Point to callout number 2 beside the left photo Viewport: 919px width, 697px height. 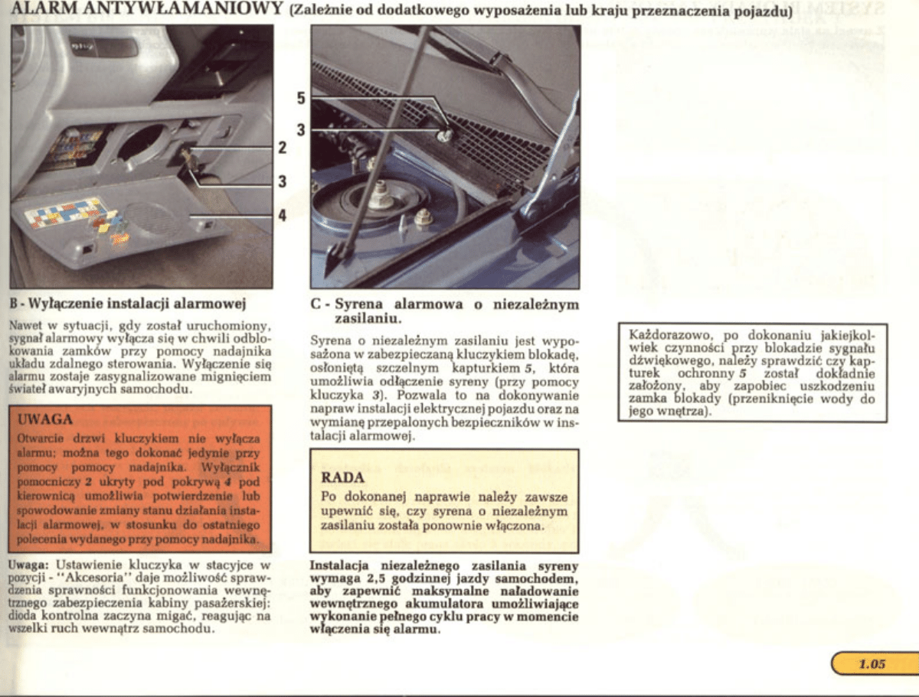click(x=282, y=147)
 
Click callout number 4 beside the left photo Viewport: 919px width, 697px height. click(x=282, y=215)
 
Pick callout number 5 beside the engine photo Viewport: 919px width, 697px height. click(x=301, y=97)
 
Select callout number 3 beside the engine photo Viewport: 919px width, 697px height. click(x=301, y=129)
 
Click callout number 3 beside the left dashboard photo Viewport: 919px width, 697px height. click(x=282, y=181)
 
